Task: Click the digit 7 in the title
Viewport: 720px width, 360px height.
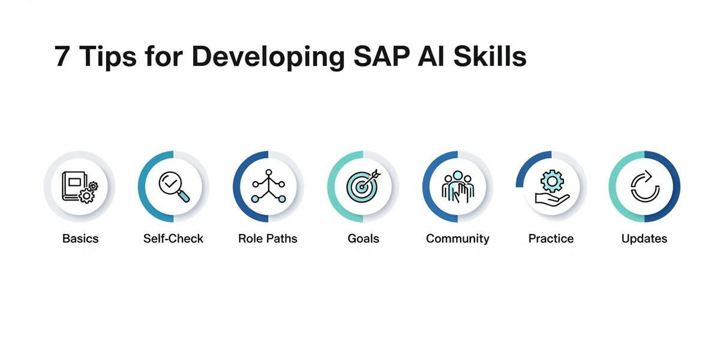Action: click(x=62, y=57)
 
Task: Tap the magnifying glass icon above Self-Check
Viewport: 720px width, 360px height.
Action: click(x=174, y=187)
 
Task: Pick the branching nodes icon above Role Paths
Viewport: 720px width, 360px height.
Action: click(x=268, y=187)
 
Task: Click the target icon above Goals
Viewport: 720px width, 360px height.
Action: click(x=363, y=187)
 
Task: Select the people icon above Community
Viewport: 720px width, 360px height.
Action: click(x=457, y=187)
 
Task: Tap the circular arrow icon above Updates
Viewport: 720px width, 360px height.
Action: click(x=644, y=187)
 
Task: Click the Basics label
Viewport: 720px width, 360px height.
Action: click(x=80, y=239)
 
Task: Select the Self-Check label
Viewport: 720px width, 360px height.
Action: click(x=173, y=239)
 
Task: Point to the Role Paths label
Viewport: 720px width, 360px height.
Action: click(x=268, y=239)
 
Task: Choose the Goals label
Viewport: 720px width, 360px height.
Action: click(x=363, y=239)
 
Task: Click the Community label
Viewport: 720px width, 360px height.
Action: click(x=457, y=239)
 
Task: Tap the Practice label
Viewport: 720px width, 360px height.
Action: click(x=551, y=239)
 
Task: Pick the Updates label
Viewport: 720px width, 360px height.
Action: click(x=644, y=239)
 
